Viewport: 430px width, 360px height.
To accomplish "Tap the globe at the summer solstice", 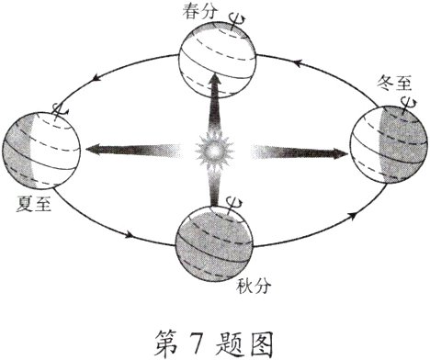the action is [x=40, y=150].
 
